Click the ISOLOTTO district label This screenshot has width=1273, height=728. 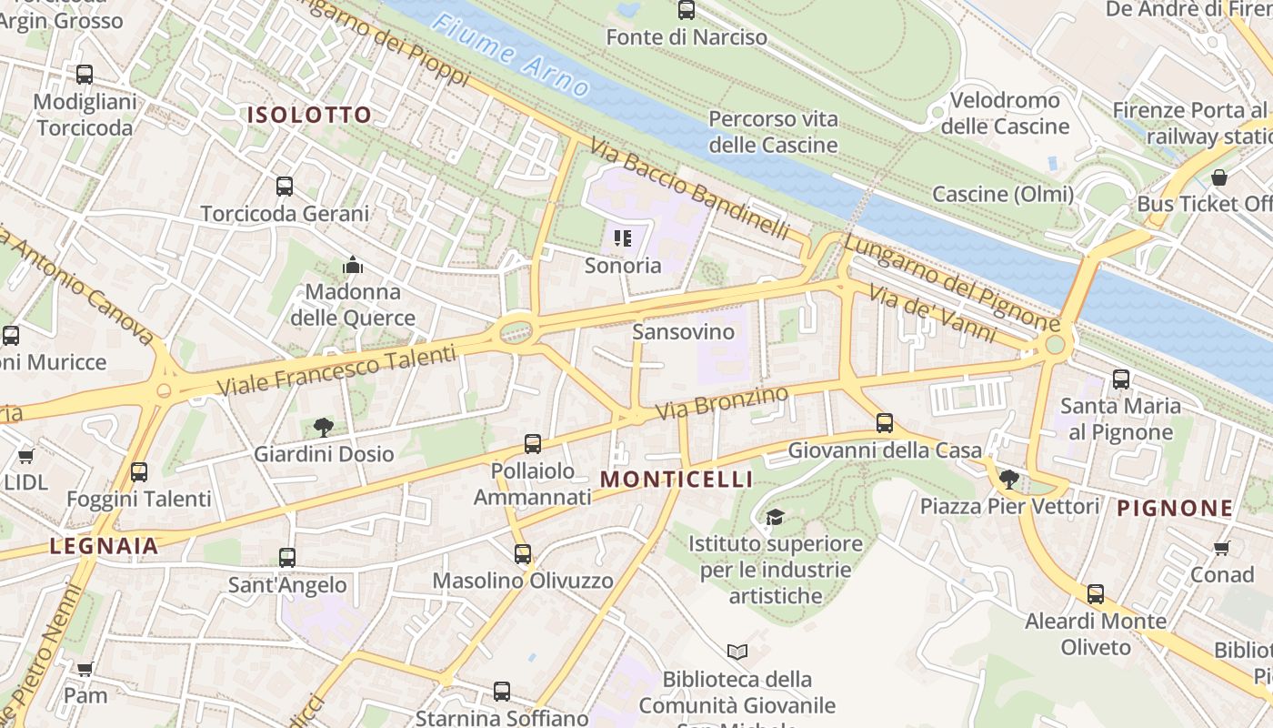pyautogui.click(x=309, y=115)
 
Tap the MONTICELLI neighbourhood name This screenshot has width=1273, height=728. pyautogui.click(x=677, y=480)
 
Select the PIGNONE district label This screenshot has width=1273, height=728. pyautogui.click(x=1175, y=509)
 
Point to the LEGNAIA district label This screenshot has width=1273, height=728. pyautogui.click(x=105, y=546)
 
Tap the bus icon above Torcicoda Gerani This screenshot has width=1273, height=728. pyautogui.click(x=285, y=187)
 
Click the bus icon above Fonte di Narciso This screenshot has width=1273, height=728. pyautogui.click(x=687, y=11)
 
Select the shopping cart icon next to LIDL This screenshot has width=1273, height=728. pyautogui.click(x=25, y=456)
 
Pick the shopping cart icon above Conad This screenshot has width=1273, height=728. pyautogui.click(x=1222, y=548)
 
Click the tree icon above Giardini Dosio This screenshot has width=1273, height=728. pyautogui.click(x=323, y=427)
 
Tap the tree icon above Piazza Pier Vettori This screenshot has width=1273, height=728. pyautogui.click(x=1008, y=479)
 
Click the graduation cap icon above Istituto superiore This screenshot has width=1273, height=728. pyautogui.click(x=775, y=517)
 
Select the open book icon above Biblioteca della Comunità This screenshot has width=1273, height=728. pyautogui.click(x=737, y=652)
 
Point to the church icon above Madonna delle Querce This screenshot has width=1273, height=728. pyautogui.click(x=353, y=265)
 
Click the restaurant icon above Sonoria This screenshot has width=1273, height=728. pyautogui.click(x=623, y=238)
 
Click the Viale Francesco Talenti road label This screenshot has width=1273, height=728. pyautogui.click(x=336, y=370)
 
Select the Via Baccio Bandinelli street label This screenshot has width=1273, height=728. pyautogui.click(x=689, y=188)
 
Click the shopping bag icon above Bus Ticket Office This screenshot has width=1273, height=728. pyautogui.click(x=1219, y=177)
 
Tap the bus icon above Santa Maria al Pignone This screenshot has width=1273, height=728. pyautogui.click(x=1121, y=379)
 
